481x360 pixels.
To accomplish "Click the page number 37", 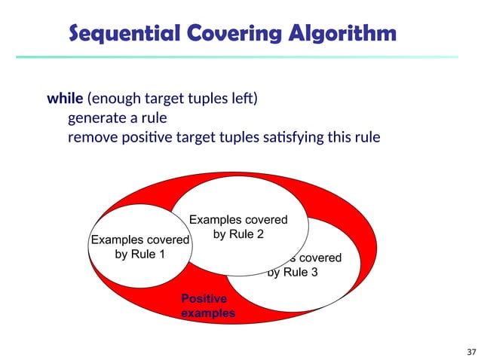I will click(472, 352).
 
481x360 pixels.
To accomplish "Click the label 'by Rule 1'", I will click(139, 254).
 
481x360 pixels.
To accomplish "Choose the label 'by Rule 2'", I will click(238, 234).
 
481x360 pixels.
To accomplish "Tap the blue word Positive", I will click(204, 299).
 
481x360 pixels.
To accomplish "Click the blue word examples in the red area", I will click(208, 313).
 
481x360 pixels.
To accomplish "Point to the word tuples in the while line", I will click(213, 99).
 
